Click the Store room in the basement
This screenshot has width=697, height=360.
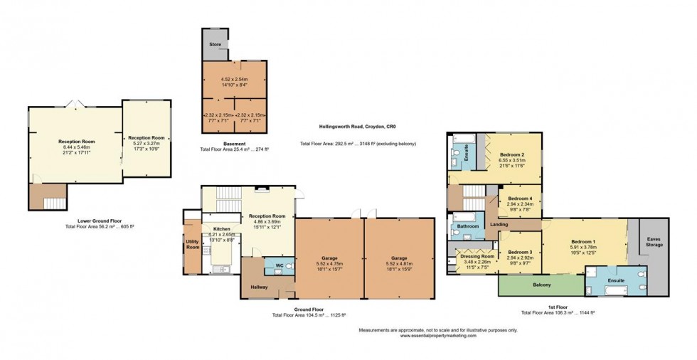click(x=215, y=45)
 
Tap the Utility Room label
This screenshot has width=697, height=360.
click(x=193, y=244)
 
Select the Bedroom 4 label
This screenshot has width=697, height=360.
click(x=520, y=198)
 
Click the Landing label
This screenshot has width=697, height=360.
click(x=500, y=225)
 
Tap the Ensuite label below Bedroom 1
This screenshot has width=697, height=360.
click(x=615, y=280)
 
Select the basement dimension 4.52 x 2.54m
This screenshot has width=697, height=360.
click(x=234, y=79)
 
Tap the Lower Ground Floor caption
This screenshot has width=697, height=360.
click(x=100, y=221)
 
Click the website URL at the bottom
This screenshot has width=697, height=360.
click(x=438, y=336)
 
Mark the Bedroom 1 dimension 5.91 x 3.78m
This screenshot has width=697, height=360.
click(x=582, y=248)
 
